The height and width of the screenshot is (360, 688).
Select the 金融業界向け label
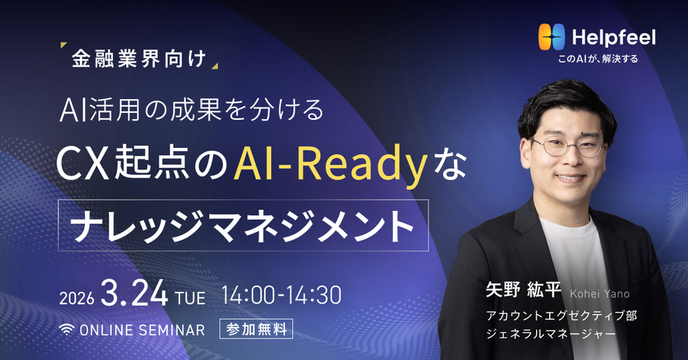(139, 59)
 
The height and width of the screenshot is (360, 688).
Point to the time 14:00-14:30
(281, 295)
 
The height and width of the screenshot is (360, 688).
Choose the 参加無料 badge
(256, 329)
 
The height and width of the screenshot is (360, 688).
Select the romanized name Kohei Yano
(599, 294)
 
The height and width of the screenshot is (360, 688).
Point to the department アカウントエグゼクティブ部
(558, 318)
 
